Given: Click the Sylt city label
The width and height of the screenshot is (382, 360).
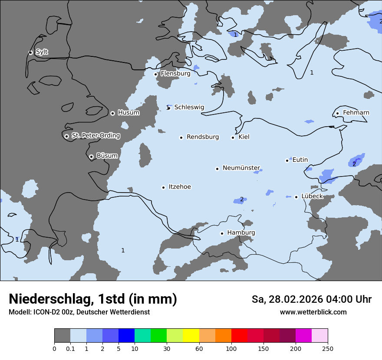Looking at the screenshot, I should click(x=42, y=52).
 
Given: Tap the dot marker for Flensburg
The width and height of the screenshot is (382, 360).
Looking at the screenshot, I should click(x=156, y=74).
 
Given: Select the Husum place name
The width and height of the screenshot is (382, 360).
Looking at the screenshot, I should click(x=128, y=113).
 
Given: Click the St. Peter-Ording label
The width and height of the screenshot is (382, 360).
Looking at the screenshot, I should click(x=95, y=136).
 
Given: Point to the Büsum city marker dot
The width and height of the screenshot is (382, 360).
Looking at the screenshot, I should click(x=91, y=157).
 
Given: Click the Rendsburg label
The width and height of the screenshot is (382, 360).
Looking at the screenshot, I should click(x=203, y=137).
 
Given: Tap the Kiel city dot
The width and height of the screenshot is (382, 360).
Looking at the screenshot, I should click(x=233, y=137).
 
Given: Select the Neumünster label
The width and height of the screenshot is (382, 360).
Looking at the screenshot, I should click(x=241, y=168).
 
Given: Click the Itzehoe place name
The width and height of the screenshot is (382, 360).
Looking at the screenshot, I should click(x=180, y=187).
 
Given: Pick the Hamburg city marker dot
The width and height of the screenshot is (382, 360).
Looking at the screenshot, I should click(x=222, y=233).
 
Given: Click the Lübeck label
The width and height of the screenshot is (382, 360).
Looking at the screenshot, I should click(x=312, y=196).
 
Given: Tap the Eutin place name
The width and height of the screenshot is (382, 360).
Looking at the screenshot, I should click(x=300, y=160).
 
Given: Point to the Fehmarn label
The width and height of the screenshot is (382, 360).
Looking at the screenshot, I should click(x=356, y=113).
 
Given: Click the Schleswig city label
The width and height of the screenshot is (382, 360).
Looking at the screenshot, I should click(x=189, y=107).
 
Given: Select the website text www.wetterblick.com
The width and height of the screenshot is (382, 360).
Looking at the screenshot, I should click(x=313, y=312).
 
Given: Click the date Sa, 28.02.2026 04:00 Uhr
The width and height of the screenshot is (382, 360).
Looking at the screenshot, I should click(x=311, y=299).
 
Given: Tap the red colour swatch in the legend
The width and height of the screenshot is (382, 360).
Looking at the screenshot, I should click(x=239, y=336).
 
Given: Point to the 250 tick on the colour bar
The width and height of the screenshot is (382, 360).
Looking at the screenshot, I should click(x=327, y=349).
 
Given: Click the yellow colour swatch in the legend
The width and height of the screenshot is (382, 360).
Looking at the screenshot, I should click(x=191, y=336).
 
